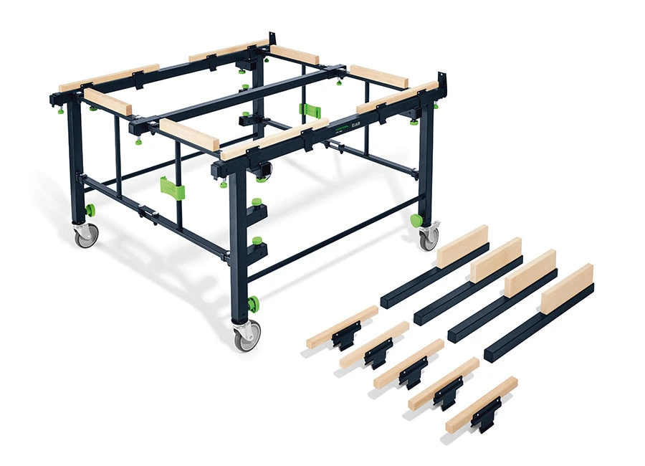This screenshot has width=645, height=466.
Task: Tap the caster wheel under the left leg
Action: (86, 236)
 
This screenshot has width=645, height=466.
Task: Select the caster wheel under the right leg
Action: (429, 237)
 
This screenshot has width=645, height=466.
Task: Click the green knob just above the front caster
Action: (253, 304)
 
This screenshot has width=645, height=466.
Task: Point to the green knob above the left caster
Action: (90, 210)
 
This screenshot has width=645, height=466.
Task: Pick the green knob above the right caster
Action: (416, 220)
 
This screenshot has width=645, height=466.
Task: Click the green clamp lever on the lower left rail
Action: (171, 189)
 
